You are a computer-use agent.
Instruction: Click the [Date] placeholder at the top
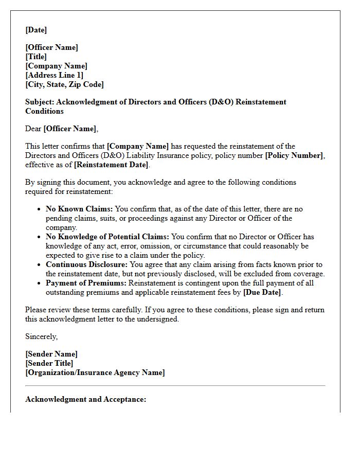36,30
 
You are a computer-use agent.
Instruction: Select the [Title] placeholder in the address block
36,57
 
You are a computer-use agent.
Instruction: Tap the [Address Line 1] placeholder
55,75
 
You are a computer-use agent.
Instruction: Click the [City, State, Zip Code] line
64,84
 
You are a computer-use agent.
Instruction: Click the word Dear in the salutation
33,129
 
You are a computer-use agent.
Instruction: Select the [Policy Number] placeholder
294,155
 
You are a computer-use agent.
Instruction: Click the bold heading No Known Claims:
79,209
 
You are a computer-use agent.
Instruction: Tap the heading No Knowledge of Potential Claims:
107,237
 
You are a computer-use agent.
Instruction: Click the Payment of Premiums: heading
86,283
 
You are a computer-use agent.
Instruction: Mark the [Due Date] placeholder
262,292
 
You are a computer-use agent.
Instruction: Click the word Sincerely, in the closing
42,336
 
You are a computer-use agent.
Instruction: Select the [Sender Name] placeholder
51,354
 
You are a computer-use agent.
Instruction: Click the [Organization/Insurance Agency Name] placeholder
95,372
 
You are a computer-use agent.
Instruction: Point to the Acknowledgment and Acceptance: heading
86,399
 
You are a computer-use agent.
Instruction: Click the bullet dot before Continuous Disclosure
40,265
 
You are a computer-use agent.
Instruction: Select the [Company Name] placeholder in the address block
57,66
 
